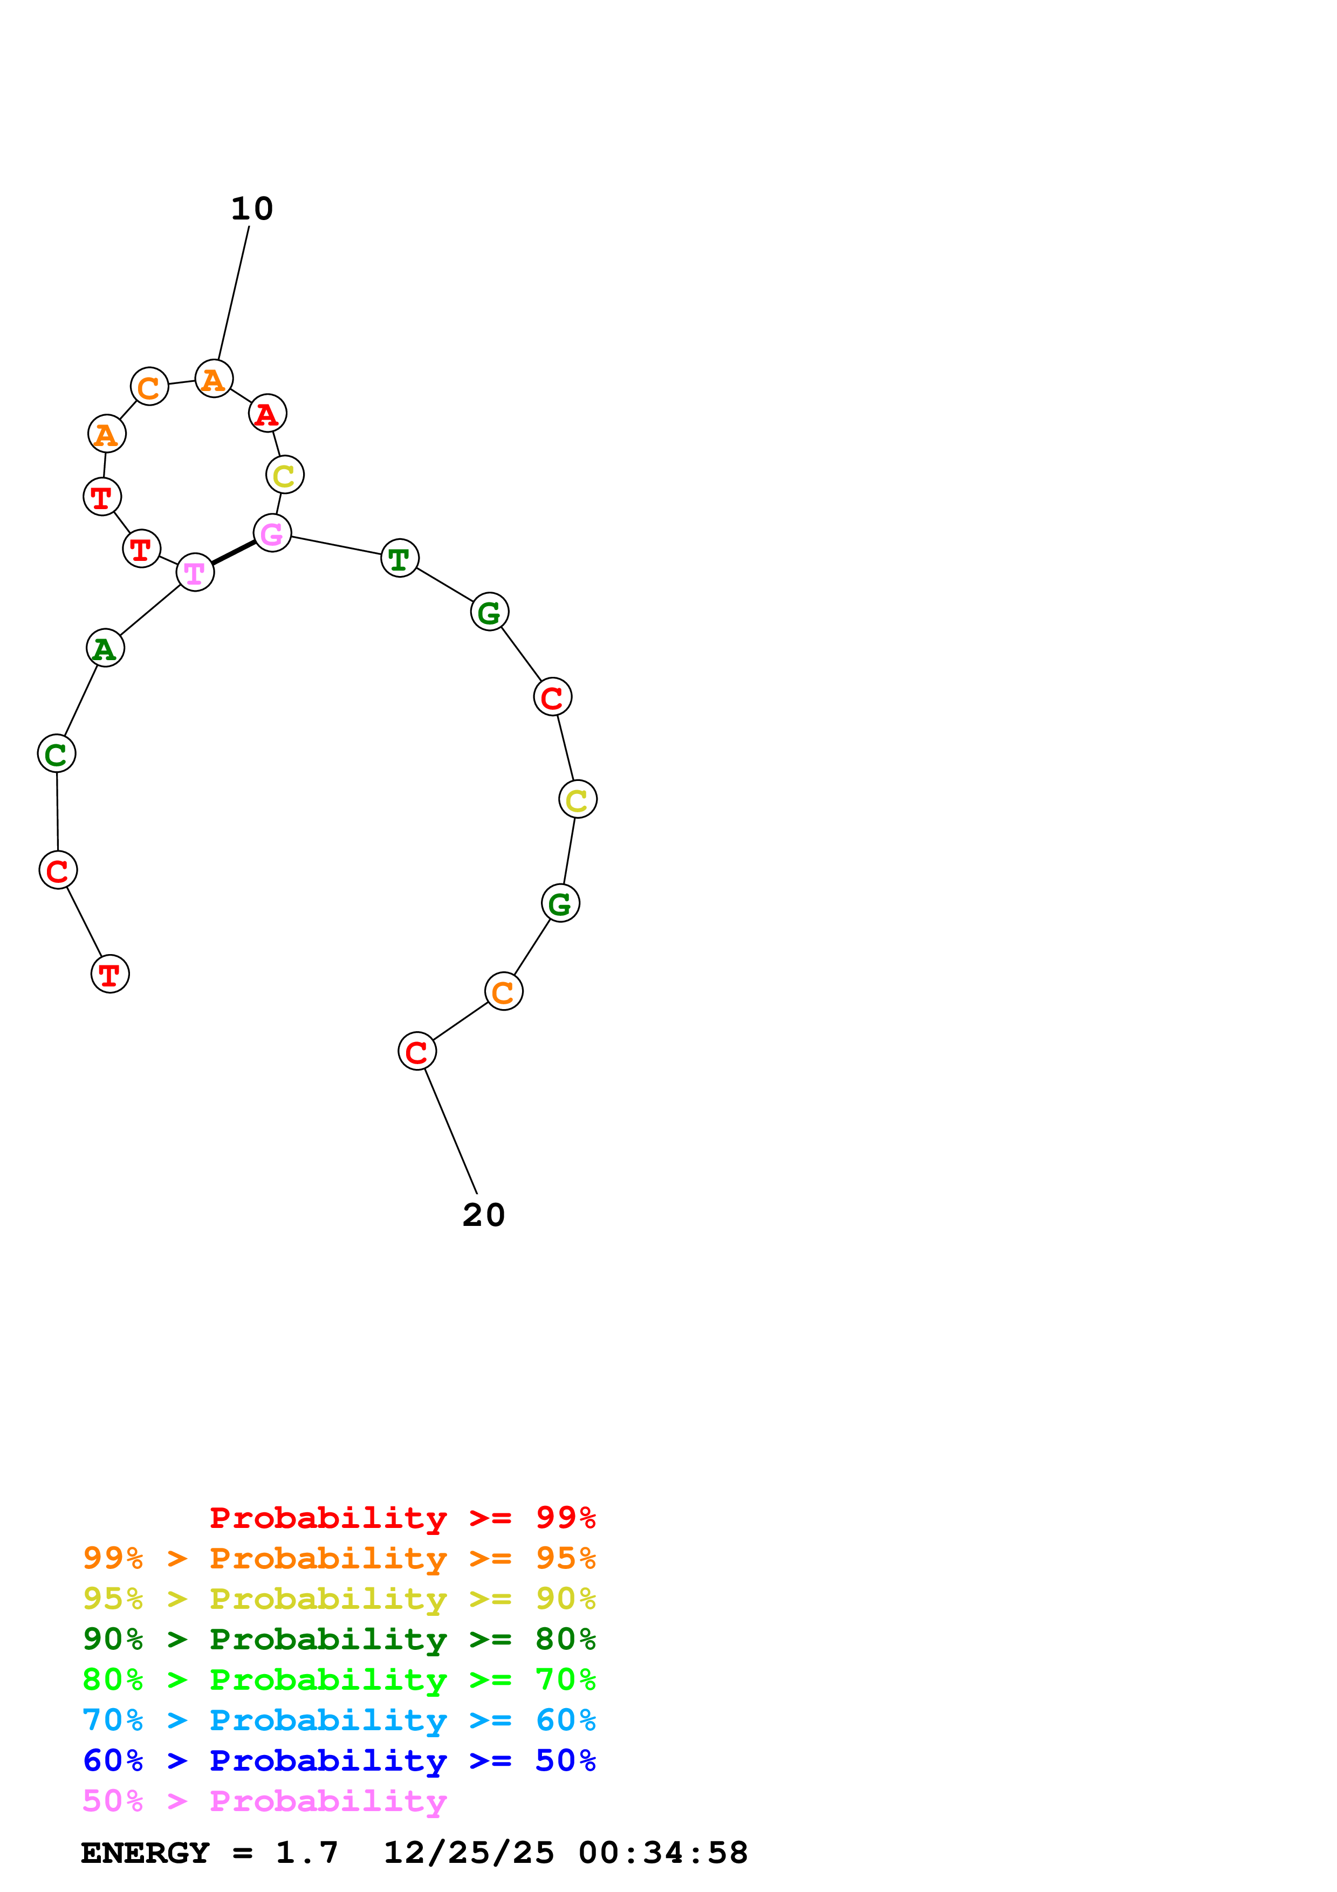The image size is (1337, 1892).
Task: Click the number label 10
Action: pos(251,209)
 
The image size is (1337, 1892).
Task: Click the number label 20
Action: pos(484,1215)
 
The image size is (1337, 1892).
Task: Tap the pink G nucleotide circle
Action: pos(272,533)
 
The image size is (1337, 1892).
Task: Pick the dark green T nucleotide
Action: pos(400,559)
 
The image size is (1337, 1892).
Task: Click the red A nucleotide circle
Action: pos(267,414)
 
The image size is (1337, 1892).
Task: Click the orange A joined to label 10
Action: pos(214,379)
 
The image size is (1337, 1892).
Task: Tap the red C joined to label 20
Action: pos(417,1052)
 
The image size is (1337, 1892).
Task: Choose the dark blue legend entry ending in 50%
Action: pos(339,1760)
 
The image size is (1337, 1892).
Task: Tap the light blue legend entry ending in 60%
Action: pos(339,1720)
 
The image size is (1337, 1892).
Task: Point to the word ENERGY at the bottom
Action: pos(145,1853)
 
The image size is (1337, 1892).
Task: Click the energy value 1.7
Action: pos(306,1853)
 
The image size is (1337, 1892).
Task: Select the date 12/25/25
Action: pos(469,1853)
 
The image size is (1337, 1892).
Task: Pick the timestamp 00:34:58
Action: pos(663,1853)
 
